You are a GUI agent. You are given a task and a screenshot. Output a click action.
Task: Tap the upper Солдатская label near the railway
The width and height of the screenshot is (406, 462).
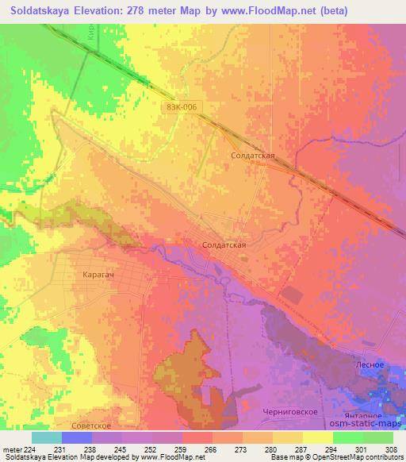tap(252, 156)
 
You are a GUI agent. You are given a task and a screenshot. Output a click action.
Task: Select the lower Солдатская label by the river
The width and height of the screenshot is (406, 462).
tap(224, 245)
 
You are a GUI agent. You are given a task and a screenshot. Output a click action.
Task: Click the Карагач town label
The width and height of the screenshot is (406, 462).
tap(99, 274)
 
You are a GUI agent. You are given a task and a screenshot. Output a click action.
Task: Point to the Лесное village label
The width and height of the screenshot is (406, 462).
tap(370, 364)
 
